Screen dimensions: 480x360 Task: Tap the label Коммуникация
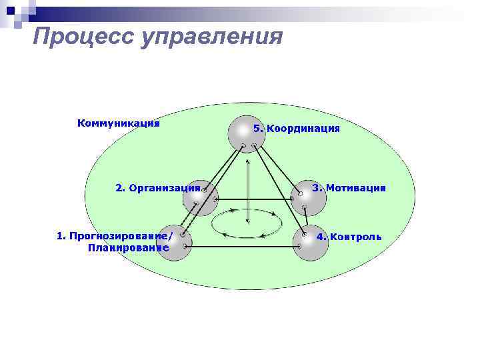pos(119,123)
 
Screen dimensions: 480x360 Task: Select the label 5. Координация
pos(297,129)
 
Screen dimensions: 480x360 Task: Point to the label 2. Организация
pos(158,188)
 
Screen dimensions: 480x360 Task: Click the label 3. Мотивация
pos(349,188)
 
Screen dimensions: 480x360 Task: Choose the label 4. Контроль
pos(349,237)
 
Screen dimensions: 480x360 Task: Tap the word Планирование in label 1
pos(128,248)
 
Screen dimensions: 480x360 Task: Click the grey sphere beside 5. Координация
pos(246,133)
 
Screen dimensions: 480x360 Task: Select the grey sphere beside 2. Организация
pos(201,197)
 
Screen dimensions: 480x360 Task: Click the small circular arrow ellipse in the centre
pos(247,223)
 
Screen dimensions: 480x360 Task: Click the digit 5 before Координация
pos(257,129)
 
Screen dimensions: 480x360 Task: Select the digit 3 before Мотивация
pos(315,188)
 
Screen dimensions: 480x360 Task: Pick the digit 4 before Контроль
pos(319,237)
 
